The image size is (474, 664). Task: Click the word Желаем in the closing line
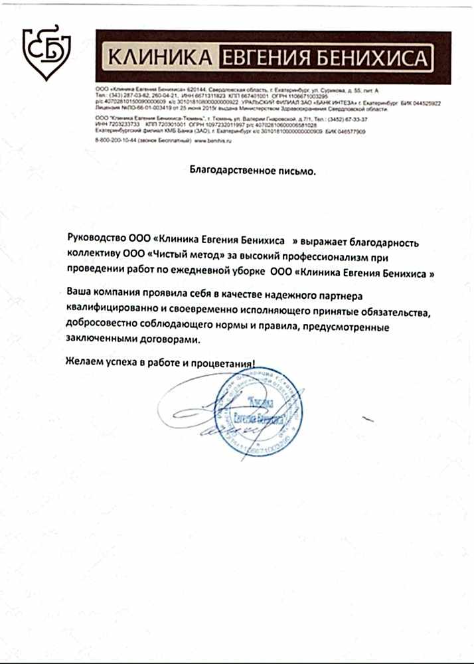coord(84,363)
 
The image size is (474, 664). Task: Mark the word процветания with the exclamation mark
coord(224,363)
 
